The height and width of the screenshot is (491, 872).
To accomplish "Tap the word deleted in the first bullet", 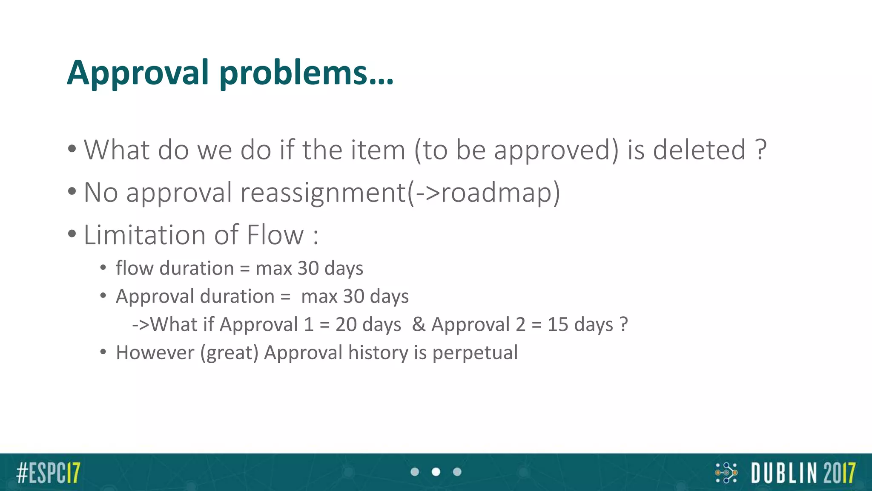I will tap(699, 150).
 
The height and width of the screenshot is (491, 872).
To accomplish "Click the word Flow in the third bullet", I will tap(275, 235).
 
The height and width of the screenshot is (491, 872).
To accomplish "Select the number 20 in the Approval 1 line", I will tap(346, 325).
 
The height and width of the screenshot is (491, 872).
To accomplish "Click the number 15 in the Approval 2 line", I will tap(558, 325).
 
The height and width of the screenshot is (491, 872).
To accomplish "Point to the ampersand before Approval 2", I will tap(419, 325).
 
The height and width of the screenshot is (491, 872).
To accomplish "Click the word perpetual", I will tap(475, 353).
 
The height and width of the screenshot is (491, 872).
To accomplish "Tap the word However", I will tap(155, 353).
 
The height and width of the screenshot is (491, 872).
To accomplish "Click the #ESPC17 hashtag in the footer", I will tap(48, 472).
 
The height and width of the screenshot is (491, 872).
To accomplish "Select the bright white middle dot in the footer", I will tap(436, 472).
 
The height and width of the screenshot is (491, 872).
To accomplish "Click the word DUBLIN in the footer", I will tap(784, 473).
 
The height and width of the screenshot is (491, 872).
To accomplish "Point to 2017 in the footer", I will tap(839, 473).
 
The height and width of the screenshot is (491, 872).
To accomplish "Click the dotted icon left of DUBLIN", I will tap(726, 473).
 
